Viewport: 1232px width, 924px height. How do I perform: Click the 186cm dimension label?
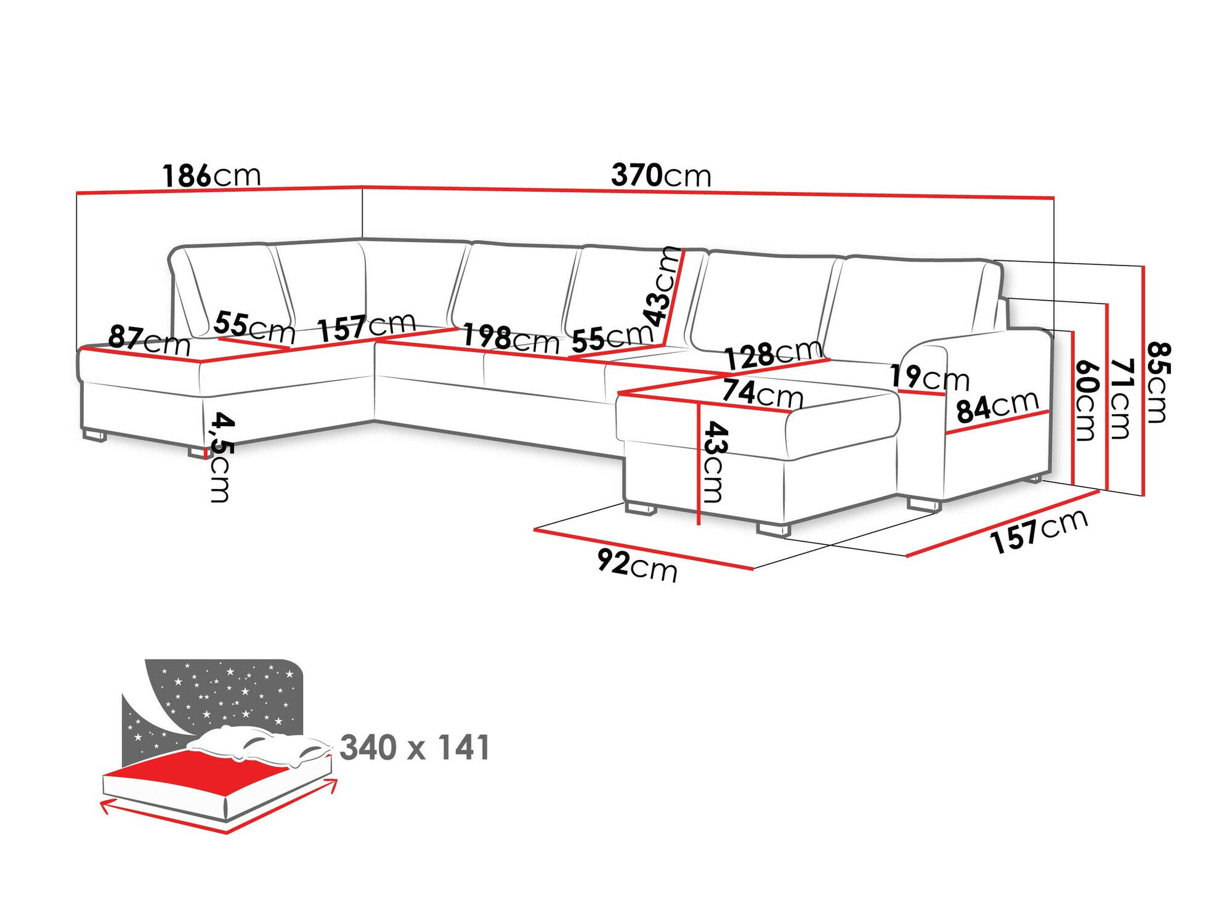[x=211, y=176]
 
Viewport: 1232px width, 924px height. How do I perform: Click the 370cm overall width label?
[x=660, y=176]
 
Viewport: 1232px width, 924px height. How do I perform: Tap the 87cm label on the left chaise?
[x=149, y=341]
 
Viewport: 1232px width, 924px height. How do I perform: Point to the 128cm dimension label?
[x=772, y=354]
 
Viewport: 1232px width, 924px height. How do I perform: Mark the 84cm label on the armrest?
[x=997, y=407]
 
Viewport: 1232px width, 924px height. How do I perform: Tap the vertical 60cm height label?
[x=1087, y=400]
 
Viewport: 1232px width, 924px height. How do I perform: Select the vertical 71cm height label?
[x=1122, y=399]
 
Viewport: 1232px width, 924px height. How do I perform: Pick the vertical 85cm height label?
[x=1157, y=383]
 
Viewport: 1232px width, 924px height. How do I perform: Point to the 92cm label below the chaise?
[x=637, y=565]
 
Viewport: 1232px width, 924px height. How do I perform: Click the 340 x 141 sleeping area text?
[x=415, y=748]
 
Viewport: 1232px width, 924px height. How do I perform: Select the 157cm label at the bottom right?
[x=1039, y=531]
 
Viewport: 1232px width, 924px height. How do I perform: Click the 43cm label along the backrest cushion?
[x=662, y=286]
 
